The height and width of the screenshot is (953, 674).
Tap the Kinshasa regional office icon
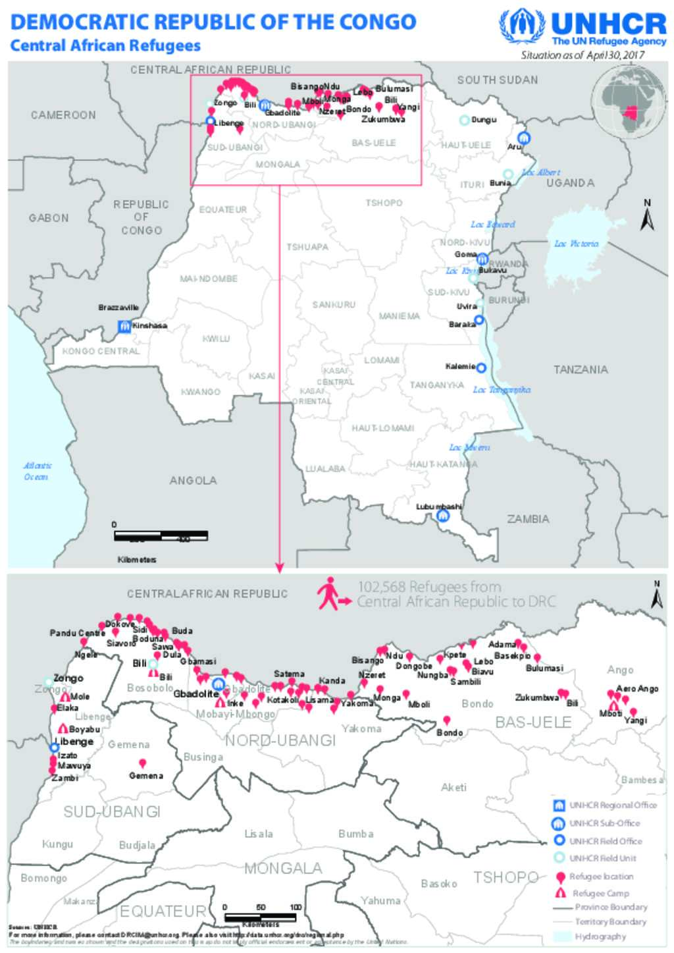124,326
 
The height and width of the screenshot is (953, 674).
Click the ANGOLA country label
193,481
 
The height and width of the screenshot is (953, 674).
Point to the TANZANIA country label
580,369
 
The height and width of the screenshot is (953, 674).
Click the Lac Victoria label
576,244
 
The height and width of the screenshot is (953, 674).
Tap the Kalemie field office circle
481,368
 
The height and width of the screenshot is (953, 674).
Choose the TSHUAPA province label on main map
307,247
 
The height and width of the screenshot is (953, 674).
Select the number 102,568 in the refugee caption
381,586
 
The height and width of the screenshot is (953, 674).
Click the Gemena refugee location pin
142,764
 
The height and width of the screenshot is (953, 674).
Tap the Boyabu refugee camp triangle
63,729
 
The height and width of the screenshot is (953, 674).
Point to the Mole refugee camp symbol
65,696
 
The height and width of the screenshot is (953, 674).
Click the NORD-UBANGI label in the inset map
280,740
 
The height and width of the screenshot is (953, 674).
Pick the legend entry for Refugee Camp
600,893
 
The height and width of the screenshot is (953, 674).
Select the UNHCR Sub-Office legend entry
604,823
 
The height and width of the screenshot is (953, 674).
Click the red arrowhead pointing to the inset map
280,568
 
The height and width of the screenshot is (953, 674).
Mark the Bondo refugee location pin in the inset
447,721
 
